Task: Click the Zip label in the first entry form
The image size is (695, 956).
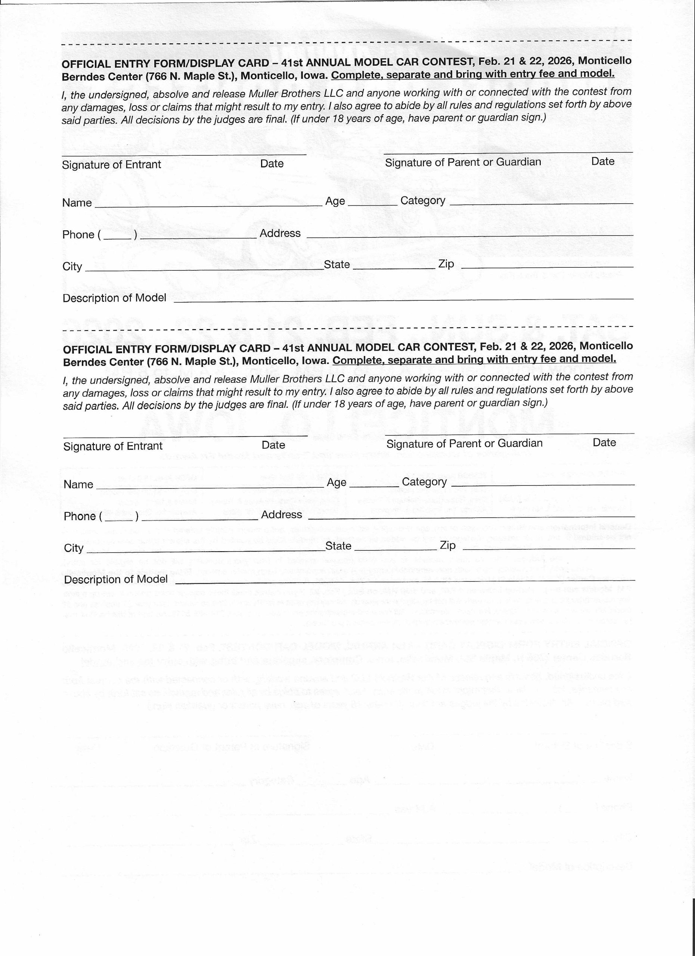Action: pos(446,264)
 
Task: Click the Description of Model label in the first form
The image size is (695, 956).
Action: pos(114,298)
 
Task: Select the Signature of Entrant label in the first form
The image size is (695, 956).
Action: pos(111,164)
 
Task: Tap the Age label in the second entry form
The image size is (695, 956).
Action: pos(336,482)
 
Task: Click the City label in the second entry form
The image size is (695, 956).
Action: pos(74,548)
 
